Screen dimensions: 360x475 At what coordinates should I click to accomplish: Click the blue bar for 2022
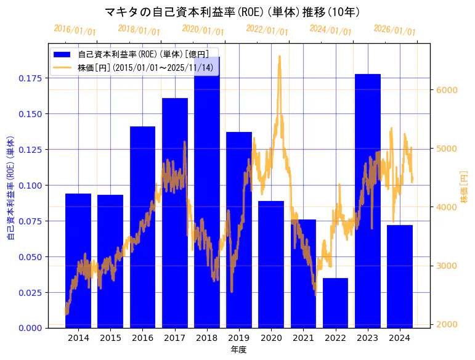335,303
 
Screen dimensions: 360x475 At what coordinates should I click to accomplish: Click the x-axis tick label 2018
206,338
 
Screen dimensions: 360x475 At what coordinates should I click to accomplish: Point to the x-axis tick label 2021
303,338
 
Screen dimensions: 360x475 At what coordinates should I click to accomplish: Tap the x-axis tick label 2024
399,338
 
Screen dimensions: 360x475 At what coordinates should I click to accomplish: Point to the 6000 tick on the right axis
447,90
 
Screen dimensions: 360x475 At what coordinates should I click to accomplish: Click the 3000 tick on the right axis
447,266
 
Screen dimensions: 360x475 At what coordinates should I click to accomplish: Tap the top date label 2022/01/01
267,30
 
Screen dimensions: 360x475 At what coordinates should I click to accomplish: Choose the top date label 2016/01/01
75,30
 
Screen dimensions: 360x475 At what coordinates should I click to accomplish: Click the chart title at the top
232,12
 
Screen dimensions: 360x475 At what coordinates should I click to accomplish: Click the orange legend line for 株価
65,67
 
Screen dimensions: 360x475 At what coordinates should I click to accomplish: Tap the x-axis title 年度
238,350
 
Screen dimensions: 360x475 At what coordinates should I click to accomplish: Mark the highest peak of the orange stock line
280,56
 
